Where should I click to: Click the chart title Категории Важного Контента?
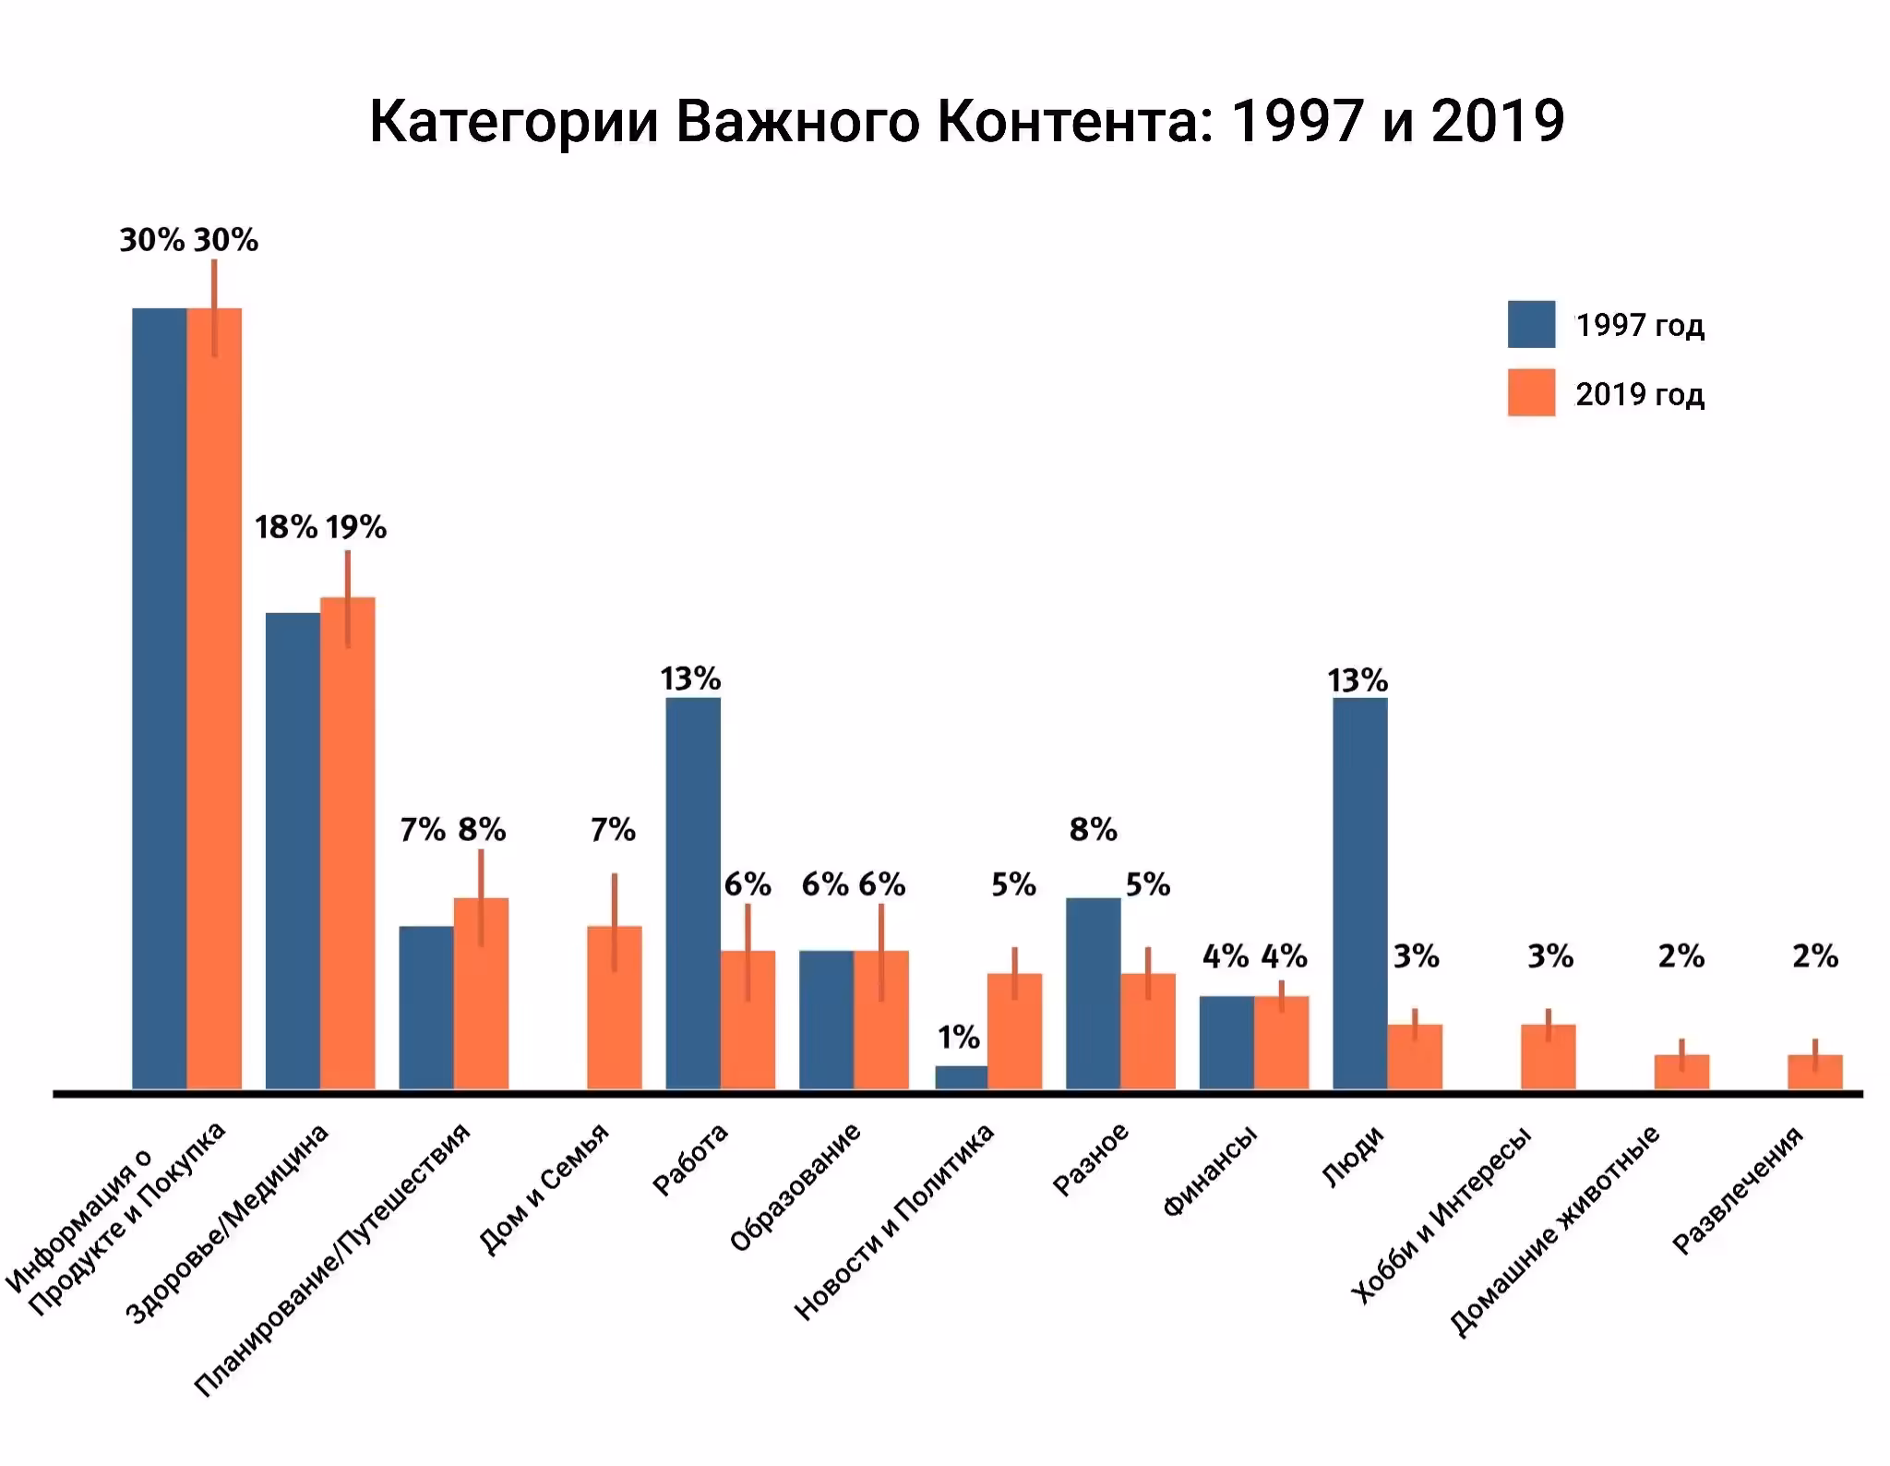[x=966, y=121]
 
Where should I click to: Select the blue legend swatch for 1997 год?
[x=1530, y=324]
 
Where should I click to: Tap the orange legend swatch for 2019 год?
[x=1530, y=393]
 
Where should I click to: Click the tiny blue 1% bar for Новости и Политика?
[x=961, y=1077]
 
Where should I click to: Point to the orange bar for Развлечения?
[x=1814, y=1072]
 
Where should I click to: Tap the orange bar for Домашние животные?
[x=1681, y=1072]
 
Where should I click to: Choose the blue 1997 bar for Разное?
[x=1093, y=993]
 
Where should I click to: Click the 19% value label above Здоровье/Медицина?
[x=355, y=527]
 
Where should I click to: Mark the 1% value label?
[x=959, y=1038]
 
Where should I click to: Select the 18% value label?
[x=286, y=527]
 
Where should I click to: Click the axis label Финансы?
[x=1210, y=1171]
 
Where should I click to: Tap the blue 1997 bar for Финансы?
[x=1226, y=1043]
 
